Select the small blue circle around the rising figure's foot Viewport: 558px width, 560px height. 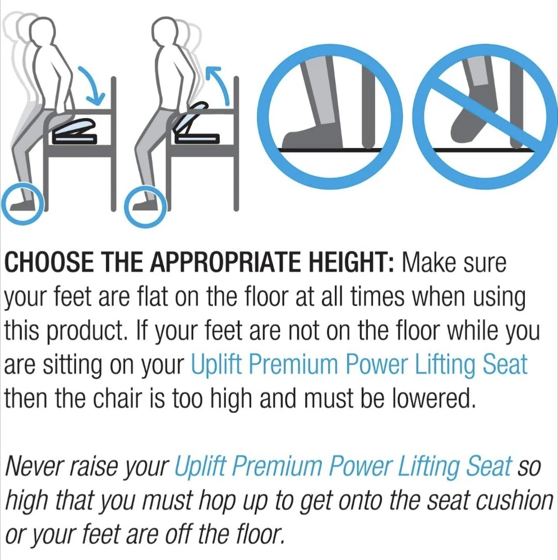point(145,207)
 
